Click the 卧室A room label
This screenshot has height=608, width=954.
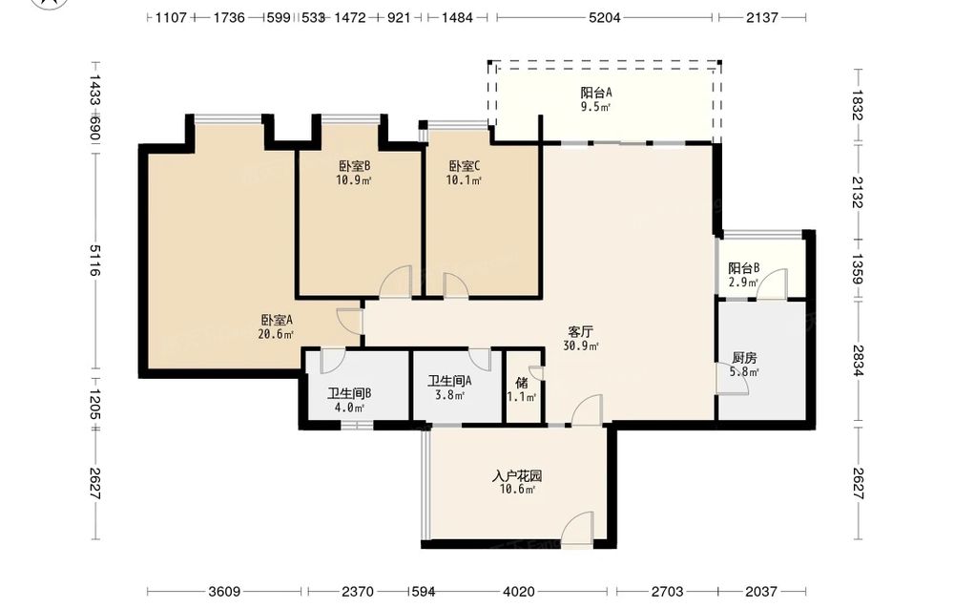277,320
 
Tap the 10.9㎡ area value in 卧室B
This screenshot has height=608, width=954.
354,180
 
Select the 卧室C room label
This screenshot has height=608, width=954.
465,166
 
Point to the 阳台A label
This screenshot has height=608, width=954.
595,94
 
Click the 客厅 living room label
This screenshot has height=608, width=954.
580,332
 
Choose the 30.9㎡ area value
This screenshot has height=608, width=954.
580,346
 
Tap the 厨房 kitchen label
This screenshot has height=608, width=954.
745,359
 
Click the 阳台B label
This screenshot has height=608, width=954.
744,268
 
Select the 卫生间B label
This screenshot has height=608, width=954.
349,394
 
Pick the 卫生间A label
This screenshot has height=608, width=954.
449,382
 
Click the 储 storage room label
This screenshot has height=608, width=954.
522,383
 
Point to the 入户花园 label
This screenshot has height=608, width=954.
517,476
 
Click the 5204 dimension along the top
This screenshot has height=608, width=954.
604,17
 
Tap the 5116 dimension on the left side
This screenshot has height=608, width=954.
94,260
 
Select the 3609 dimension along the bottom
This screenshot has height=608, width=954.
224,591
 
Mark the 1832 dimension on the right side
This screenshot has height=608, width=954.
858,105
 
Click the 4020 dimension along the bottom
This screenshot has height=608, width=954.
519,591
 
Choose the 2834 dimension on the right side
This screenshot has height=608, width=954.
858,361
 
